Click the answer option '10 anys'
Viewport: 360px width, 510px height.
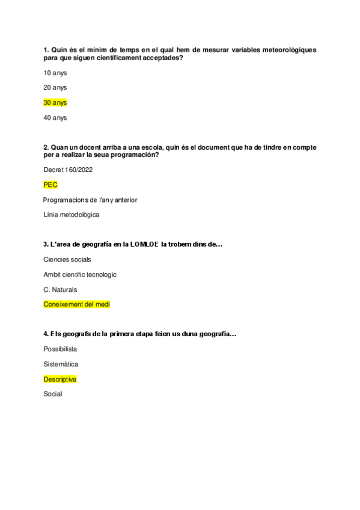point(55,73)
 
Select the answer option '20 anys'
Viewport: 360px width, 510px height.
point(55,88)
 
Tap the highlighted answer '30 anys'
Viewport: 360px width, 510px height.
point(55,103)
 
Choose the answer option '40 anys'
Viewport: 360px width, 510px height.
point(55,118)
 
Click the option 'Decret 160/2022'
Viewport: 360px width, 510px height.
point(68,170)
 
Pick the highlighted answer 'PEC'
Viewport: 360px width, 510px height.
point(50,185)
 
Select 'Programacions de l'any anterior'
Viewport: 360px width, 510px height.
point(90,200)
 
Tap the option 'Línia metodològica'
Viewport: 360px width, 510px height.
point(72,215)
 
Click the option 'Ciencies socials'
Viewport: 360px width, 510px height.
point(67,259)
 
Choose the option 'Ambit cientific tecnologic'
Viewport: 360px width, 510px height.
point(80,274)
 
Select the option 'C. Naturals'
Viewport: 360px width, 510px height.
point(60,289)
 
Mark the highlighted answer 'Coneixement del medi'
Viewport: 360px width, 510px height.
point(77,304)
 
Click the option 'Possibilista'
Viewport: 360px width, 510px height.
point(60,349)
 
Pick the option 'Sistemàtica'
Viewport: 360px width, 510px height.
point(61,364)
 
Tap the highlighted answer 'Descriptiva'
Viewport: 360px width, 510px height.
point(60,379)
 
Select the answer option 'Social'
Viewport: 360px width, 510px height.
point(53,394)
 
